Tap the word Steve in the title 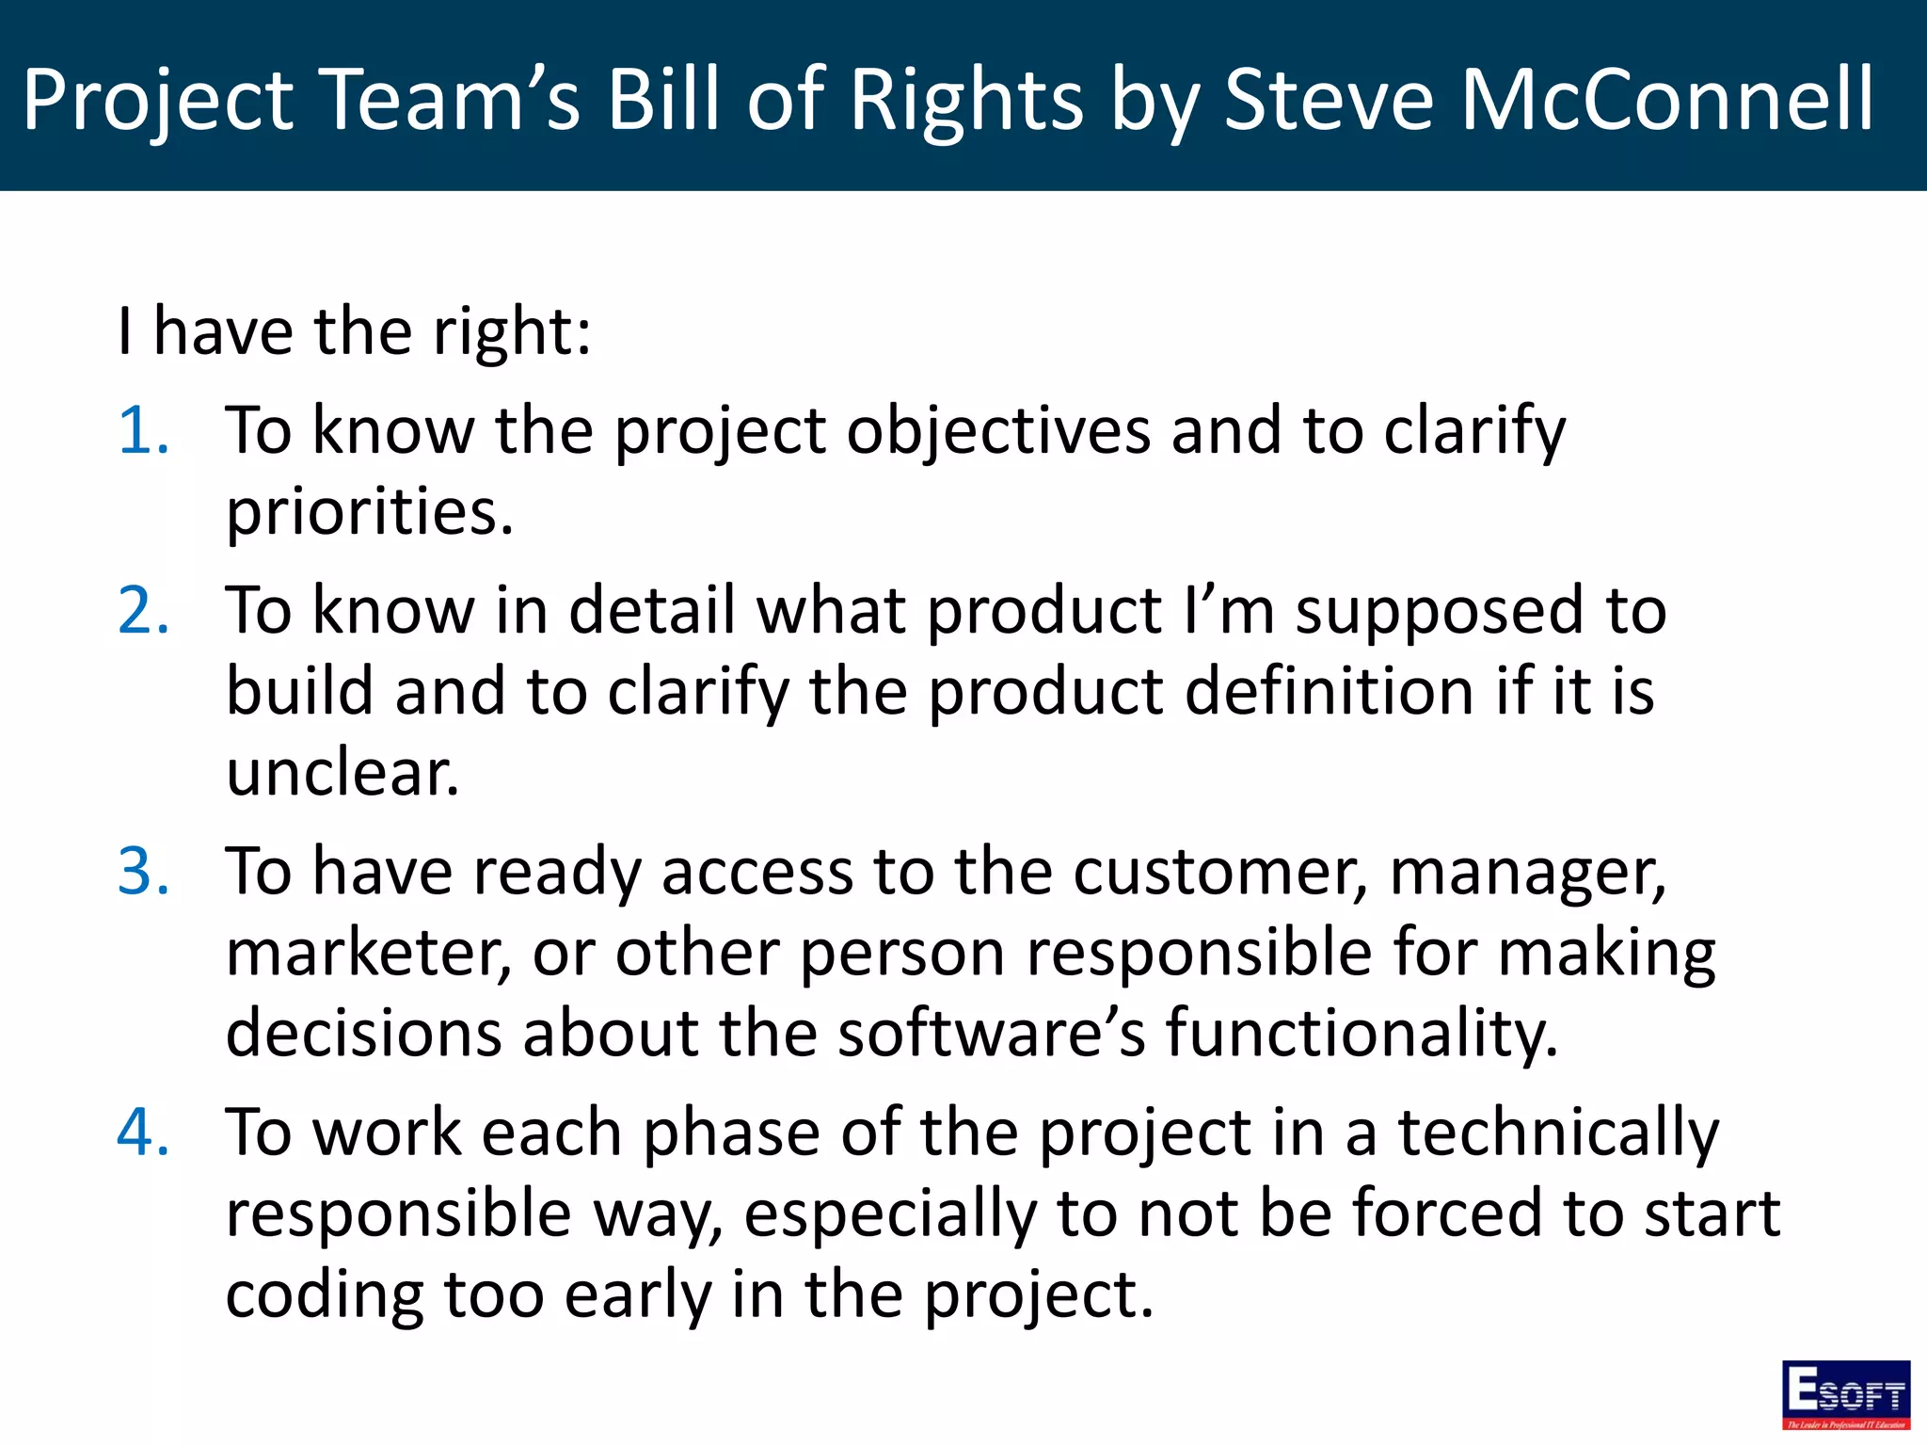tap(1329, 99)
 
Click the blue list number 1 tap(143, 431)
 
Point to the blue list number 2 tap(143, 611)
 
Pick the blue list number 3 tap(143, 872)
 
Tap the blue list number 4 tap(143, 1132)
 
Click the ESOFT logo tap(1845, 1394)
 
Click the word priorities tap(370, 513)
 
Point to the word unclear tap(342, 774)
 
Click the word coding tap(324, 1296)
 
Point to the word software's tap(991, 1034)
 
